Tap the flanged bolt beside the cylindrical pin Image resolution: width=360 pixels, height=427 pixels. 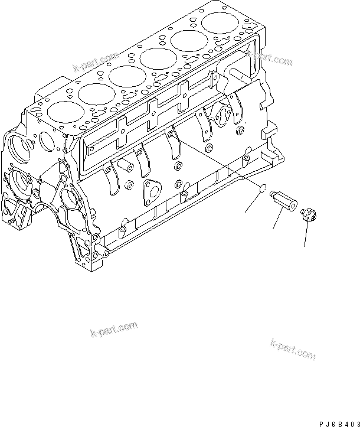tap(307, 214)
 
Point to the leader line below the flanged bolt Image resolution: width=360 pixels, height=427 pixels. tap(305, 234)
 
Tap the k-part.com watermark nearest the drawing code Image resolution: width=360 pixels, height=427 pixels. tap(293, 348)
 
